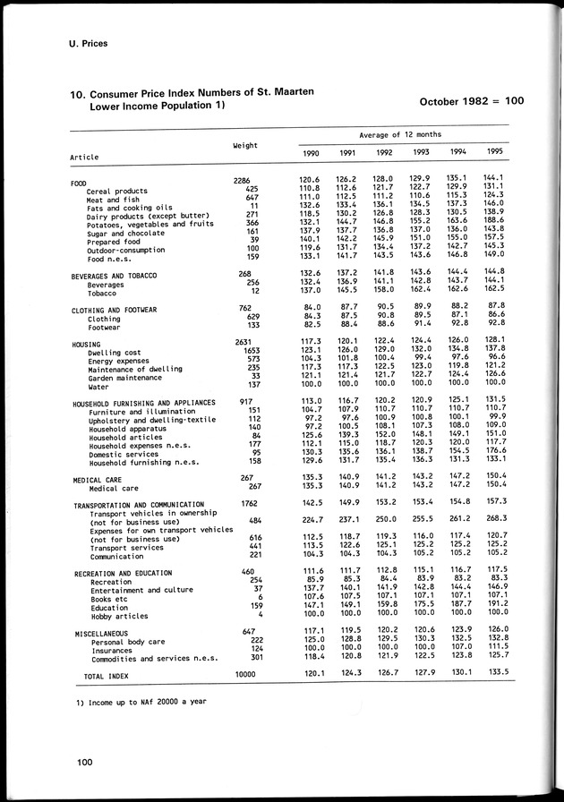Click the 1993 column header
421,153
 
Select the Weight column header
245,145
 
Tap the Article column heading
84,158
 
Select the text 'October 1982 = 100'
471,101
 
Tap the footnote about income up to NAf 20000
141,701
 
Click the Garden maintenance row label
126,379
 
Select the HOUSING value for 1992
384,342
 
